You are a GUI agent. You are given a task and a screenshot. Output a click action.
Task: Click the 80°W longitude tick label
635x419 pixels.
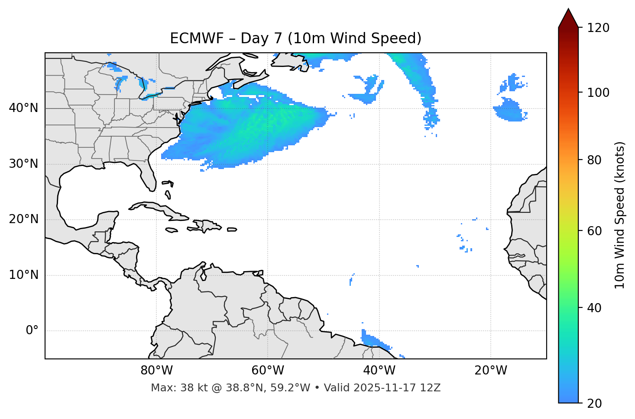click(x=156, y=371)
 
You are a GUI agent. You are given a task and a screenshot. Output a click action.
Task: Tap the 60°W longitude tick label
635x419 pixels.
click(x=267, y=371)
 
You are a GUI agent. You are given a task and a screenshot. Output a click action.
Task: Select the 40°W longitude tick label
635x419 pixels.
click(x=379, y=371)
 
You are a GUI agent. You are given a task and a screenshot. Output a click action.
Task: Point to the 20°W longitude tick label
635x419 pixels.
click(x=490, y=371)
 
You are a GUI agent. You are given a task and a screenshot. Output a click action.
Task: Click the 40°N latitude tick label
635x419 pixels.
click(x=23, y=108)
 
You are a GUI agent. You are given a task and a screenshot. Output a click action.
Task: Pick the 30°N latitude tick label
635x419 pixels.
click(x=23, y=164)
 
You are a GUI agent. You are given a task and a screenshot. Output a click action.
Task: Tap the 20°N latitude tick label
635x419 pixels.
click(x=23, y=219)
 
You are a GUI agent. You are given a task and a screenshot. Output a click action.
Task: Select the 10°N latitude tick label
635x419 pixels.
click(x=23, y=275)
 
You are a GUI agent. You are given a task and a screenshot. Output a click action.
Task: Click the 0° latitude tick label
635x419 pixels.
click(x=32, y=331)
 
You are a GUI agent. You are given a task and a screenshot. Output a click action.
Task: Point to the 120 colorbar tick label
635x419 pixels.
click(x=598, y=28)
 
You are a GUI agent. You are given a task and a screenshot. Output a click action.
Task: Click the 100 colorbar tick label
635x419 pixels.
click(x=598, y=93)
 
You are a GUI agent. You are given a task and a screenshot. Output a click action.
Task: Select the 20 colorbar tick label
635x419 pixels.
click(x=595, y=403)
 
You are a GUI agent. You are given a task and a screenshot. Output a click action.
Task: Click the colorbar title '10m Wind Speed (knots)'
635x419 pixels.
click(x=620, y=215)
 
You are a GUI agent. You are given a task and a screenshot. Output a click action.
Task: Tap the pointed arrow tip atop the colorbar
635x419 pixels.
click(x=568, y=11)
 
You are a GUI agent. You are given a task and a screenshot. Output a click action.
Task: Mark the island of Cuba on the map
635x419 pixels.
click(x=160, y=209)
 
